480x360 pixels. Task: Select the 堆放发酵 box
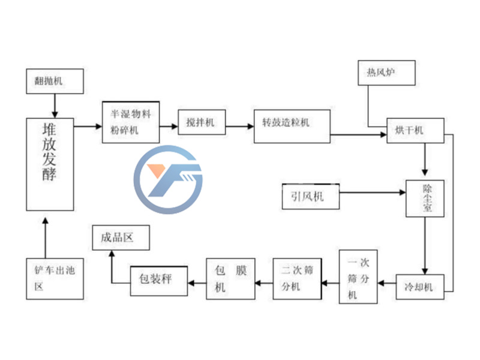coord(50,164)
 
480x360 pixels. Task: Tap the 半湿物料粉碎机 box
coord(130,122)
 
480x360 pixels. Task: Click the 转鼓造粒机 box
coord(292,126)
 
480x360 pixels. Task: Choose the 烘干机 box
coord(415,131)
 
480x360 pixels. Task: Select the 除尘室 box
coord(425,199)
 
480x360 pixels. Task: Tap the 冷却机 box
coord(419,287)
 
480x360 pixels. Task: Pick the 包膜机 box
coord(230,279)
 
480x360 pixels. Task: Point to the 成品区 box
coord(121,238)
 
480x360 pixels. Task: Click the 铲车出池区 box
coord(55,279)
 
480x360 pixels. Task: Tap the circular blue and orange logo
coord(168,179)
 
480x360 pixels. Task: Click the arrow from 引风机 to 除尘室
coord(372,192)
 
